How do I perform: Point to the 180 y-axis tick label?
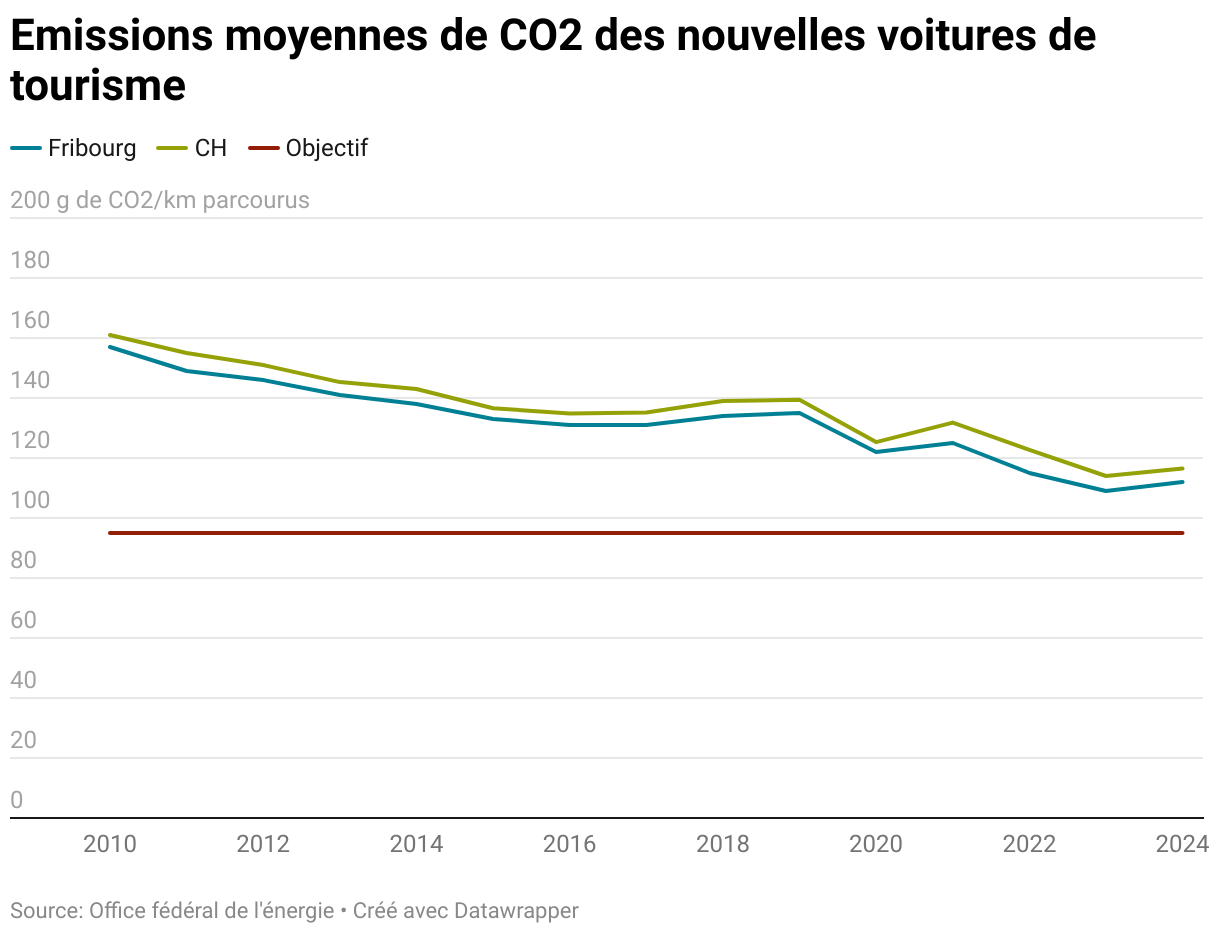tap(30, 262)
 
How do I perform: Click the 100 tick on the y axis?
tap(30, 502)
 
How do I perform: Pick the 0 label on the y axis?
tap(17, 800)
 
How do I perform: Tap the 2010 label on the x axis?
tap(110, 845)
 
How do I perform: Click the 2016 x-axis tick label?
tap(569, 845)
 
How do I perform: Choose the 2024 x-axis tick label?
tap(1182, 845)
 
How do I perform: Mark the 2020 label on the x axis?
tap(876, 845)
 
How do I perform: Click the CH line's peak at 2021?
tap(953, 422)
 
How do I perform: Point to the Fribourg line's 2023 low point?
tap(1106, 491)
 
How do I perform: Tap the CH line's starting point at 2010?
tap(110, 335)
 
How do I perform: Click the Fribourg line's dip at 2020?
tap(876, 452)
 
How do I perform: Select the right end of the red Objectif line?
tap(1183, 533)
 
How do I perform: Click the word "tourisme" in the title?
tap(98, 86)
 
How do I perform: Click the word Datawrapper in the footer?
tap(516, 911)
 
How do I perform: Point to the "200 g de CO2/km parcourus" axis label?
tap(160, 200)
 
